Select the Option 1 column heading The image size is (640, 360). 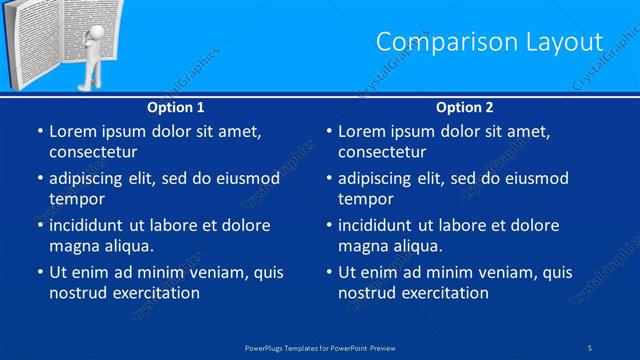(176, 107)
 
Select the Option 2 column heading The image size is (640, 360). (465, 107)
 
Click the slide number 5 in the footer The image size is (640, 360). (591, 347)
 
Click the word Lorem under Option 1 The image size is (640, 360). (73, 131)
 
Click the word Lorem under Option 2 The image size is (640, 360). (362, 131)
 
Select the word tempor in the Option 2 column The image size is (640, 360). (366, 199)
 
